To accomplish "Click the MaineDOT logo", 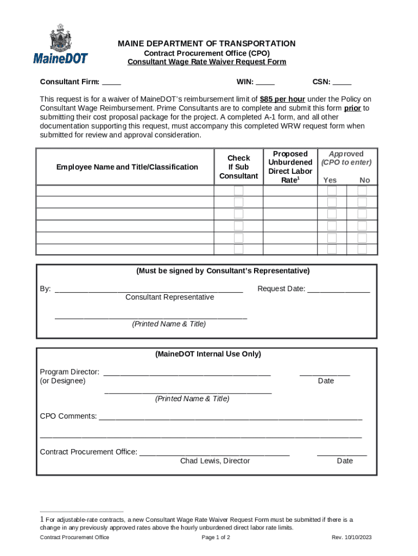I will click(60, 44).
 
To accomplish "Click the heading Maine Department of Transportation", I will click(206, 43).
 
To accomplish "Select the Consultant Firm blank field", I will click(111, 83).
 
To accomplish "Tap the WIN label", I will click(245, 83).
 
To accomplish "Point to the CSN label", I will click(321, 83).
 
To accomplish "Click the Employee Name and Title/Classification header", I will click(127, 167).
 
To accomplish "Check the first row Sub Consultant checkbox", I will click(238, 191).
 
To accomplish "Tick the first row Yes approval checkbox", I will click(332, 191).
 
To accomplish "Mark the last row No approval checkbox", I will click(362, 249).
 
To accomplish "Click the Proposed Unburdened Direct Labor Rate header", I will click(290, 167).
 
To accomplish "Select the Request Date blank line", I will click(339, 289).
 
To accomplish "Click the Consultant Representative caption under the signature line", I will click(169, 298).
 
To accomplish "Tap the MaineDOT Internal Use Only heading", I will click(208, 354).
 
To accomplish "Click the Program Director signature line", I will click(187, 372).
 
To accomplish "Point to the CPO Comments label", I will click(68, 416).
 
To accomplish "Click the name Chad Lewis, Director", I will click(215, 461).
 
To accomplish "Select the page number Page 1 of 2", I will click(216, 538).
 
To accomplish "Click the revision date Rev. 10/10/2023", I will click(352, 538).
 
